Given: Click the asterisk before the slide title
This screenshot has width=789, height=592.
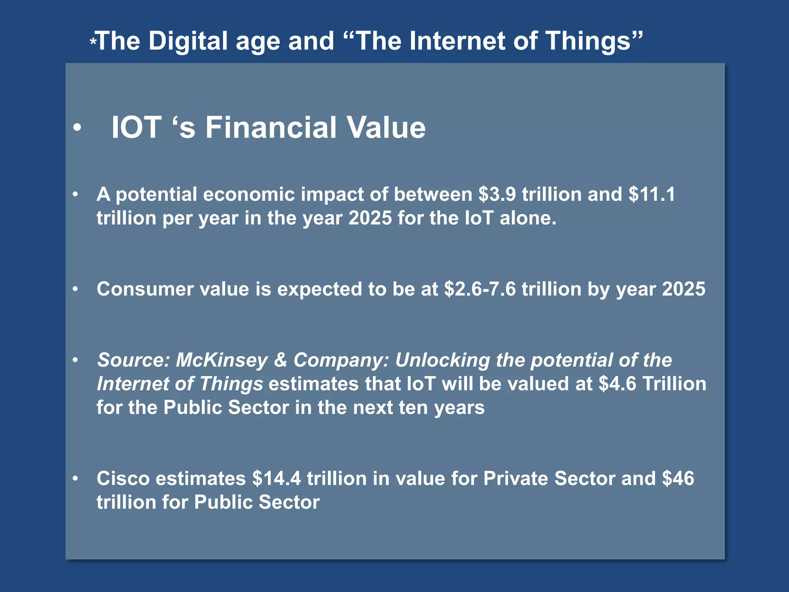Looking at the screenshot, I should click(x=93, y=42).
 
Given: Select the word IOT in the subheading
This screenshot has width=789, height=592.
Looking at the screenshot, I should click(x=136, y=128).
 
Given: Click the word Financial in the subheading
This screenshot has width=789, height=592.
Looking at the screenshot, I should click(x=271, y=128).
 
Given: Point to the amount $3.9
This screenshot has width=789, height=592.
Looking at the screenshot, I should click(x=497, y=194).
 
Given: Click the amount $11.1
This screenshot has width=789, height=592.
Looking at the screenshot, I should click(x=651, y=194).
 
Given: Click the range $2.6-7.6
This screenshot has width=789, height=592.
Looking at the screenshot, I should click(x=480, y=289).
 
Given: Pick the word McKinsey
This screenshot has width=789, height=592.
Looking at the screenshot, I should click(x=222, y=360).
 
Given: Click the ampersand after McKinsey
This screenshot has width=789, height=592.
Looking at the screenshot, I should click(x=280, y=360).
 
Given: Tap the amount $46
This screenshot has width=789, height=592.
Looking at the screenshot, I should click(x=678, y=479).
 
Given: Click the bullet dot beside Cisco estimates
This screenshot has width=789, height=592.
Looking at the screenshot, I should click(x=76, y=479).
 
